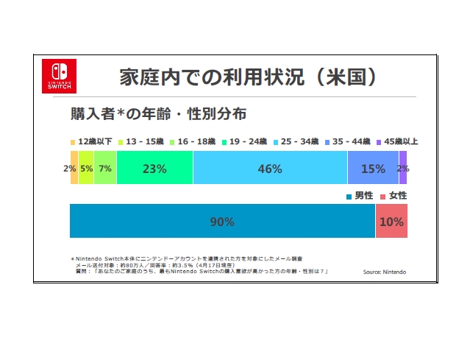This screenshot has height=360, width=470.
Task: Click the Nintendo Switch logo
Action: click(57, 75)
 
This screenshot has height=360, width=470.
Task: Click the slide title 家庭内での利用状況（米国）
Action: click(249, 77)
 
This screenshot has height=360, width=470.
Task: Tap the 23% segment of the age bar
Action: click(154, 169)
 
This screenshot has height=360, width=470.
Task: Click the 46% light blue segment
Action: click(270, 169)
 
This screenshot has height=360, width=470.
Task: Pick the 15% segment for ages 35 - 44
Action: click(373, 169)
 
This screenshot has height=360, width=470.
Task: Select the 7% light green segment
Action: click(104, 169)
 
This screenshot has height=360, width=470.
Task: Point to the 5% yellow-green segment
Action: click(86, 169)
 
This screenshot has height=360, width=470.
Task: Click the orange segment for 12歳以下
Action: click(74, 169)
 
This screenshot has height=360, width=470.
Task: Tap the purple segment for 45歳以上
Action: click(403, 169)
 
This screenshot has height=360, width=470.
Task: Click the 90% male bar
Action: click(222, 222)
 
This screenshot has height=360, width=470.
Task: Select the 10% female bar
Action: click(391, 222)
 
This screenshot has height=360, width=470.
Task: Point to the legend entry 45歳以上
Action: click(397, 141)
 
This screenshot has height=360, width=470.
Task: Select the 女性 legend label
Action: click(396, 196)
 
